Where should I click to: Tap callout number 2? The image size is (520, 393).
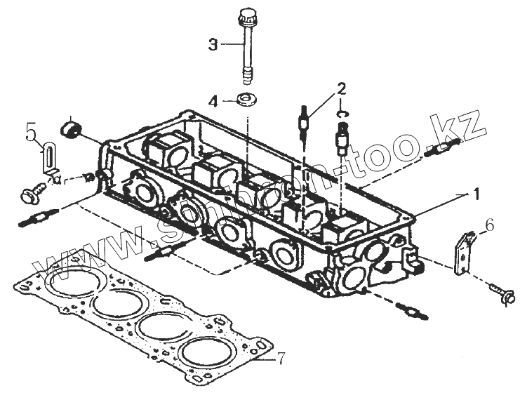tap(341, 89)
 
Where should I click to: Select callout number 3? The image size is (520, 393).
tap(213, 44)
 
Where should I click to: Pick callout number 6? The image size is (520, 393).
tap(490, 225)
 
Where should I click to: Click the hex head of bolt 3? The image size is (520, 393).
tap(246, 15)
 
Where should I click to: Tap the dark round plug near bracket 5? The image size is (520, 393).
tap(71, 129)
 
